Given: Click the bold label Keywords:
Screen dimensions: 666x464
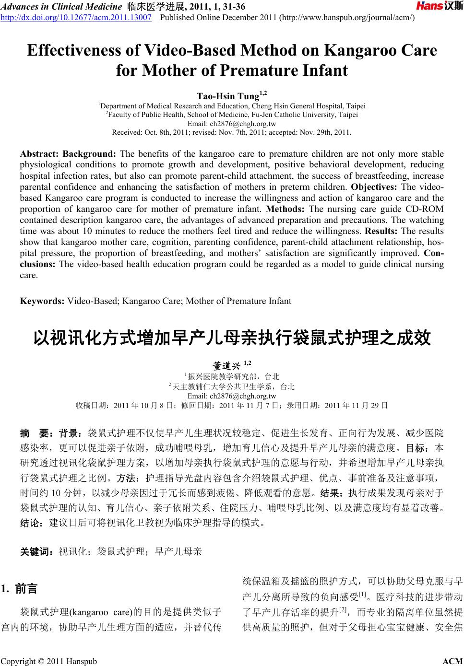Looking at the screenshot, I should click(x=42, y=301).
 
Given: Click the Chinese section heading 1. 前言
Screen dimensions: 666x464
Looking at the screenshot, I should click(x=20, y=588).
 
